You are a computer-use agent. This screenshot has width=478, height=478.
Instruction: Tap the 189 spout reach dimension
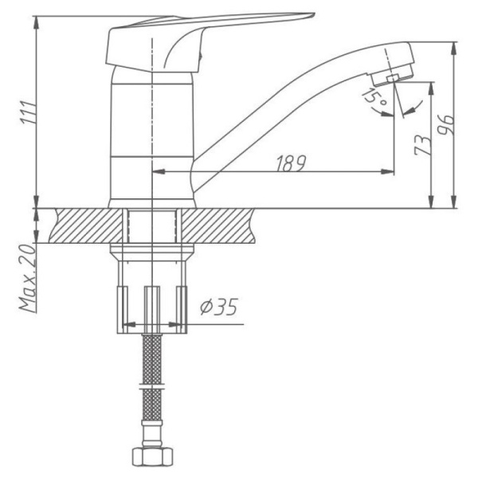[292, 162]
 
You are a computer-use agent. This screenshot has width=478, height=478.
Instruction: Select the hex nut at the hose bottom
[151, 458]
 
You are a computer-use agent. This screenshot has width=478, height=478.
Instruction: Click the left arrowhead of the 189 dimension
[157, 170]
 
